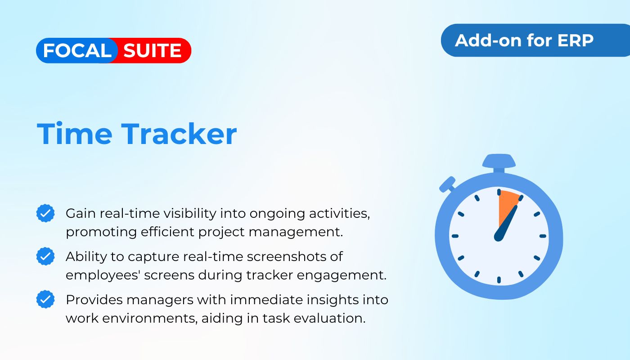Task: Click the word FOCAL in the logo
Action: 77,51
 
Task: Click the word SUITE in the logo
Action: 153,51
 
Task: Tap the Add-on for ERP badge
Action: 525,40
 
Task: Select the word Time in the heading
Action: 74,134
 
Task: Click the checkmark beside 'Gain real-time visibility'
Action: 45,213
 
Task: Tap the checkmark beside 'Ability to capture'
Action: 45,256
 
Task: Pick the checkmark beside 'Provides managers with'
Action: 45,299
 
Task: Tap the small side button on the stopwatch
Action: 447,184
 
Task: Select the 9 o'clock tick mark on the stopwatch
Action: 455,236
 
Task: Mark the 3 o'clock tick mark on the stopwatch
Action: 543,236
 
